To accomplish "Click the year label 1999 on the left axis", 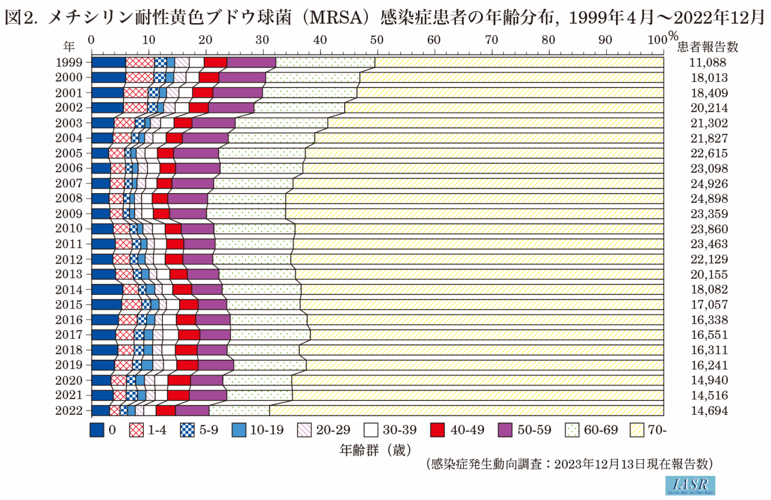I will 69,63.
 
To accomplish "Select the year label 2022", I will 69,410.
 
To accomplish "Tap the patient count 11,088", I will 709,63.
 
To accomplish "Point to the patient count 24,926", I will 709,184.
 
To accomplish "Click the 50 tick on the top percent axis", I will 377,40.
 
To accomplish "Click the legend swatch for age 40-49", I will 437,430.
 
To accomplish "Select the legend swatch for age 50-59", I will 505,430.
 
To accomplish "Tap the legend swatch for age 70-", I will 637,430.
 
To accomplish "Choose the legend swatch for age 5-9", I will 187,430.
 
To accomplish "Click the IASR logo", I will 690,485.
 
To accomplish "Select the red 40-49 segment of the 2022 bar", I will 166,410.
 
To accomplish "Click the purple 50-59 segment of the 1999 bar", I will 251,63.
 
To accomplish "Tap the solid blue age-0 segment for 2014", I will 107,289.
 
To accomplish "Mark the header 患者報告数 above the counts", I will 708,47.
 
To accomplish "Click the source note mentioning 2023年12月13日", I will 570,464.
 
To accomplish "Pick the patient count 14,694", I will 709,410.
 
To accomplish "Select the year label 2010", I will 69,229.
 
